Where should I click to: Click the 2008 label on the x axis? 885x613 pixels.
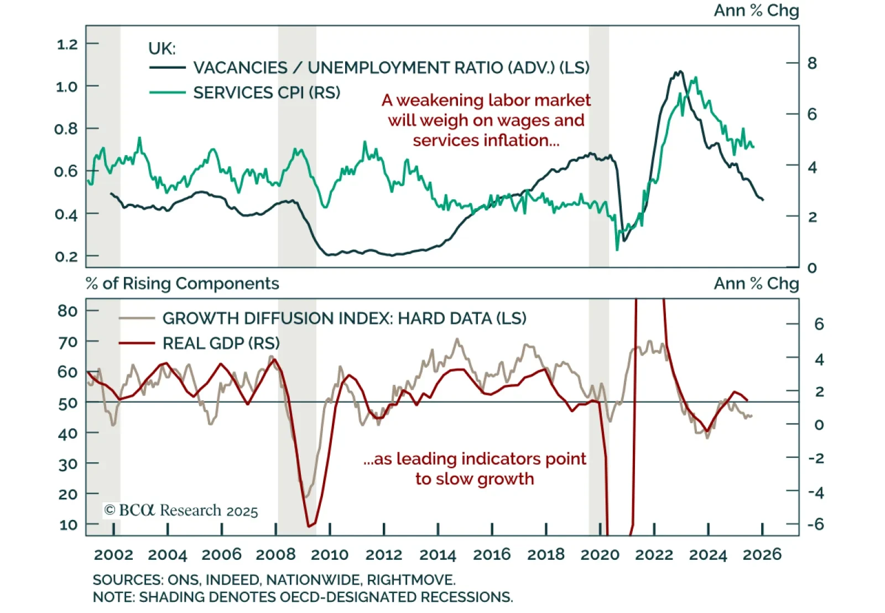275,554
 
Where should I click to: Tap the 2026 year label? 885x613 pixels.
762,554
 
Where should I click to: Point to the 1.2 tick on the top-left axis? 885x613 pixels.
67,44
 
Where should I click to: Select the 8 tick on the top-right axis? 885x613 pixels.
812,63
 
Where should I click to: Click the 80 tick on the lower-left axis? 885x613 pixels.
67,311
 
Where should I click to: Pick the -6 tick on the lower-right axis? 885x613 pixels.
815,524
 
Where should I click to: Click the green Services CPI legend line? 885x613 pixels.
167,92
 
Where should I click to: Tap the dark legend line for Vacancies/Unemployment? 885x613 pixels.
167,68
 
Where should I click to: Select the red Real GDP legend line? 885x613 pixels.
137,343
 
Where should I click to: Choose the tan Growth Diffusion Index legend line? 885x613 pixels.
137,318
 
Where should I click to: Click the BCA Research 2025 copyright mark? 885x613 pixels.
181,510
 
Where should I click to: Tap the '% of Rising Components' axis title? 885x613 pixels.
183,284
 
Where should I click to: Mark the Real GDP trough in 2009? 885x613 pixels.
309,526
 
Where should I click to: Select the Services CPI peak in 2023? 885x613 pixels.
695,78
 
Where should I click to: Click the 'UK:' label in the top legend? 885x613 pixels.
162,49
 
